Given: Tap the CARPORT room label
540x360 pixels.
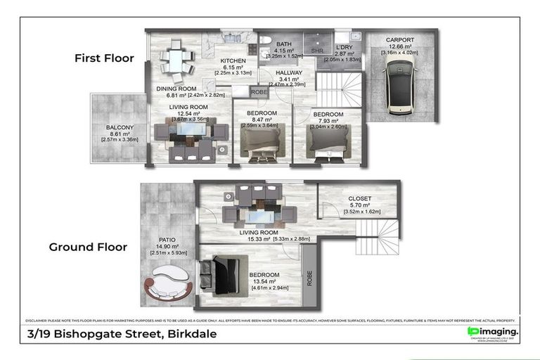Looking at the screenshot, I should pyautogui.click(x=399, y=40).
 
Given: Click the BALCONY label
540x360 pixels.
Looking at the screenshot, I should pyautogui.click(x=120, y=127).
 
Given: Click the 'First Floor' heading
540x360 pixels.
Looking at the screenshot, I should pyautogui.click(x=104, y=58).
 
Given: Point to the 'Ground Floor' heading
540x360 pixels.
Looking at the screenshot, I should pyautogui.click(x=88, y=247).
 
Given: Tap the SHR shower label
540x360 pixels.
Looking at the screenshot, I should pyautogui.click(x=316, y=51).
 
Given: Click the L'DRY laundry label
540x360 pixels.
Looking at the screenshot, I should pyautogui.click(x=342, y=46).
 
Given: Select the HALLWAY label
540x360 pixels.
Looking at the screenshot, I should pyautogui.click(x=288, y=72).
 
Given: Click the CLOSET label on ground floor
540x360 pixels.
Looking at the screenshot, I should pyautogui.click(x=359, y=199).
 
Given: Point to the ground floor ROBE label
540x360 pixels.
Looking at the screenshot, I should pyautogui.click(x=309, y=279).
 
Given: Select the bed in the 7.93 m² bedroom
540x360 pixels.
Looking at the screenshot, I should pyautogui.click(x=328, y=141).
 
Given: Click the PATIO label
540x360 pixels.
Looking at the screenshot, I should pyautogui.click(x=168, y=239).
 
